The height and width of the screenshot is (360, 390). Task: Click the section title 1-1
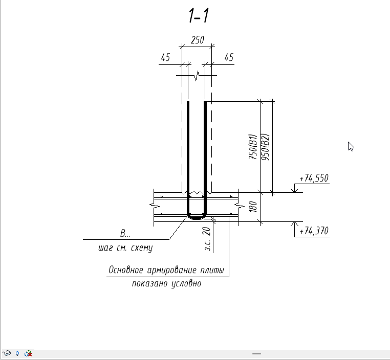click(199, 15)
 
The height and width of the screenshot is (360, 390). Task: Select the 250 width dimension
click(198, 40)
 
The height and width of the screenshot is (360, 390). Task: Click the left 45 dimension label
click(165, 57)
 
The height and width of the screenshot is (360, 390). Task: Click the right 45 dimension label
click(229, 57)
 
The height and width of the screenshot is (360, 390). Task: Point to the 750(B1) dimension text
click(252, 147)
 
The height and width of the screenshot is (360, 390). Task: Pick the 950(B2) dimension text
click(265, 147)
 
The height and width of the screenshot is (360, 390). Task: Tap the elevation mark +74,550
click(314, 178)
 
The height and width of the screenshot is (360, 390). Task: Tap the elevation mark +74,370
click(314, 231)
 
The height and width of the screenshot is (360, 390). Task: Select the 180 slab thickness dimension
click(253, 207)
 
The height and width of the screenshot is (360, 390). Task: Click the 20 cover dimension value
click(206, 232)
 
